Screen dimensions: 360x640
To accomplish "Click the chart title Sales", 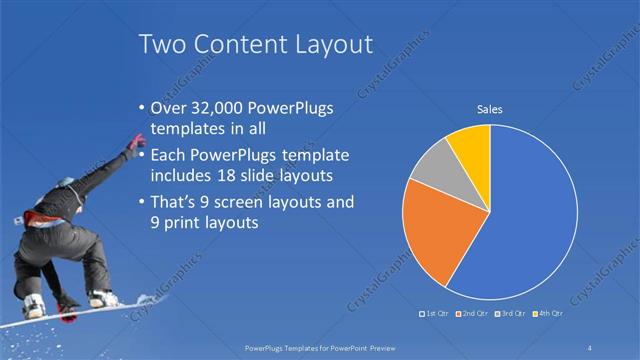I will [489, 109].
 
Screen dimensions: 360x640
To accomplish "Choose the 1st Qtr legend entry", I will [436, 315].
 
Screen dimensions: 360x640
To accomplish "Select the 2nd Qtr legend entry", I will [475, 315].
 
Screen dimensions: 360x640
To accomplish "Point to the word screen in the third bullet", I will [249, 203].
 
